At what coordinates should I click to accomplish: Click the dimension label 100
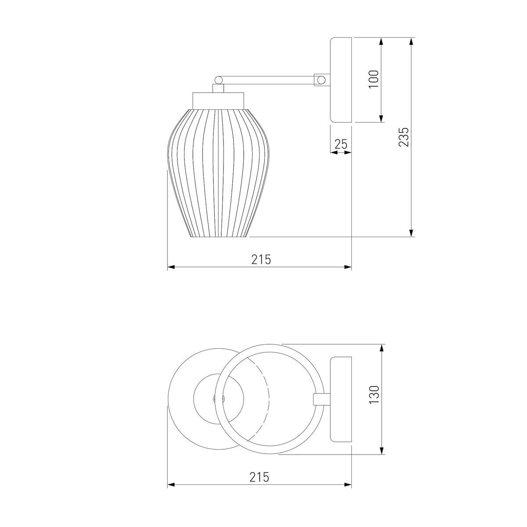(374, 79)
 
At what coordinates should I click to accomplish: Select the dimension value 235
(404, 137)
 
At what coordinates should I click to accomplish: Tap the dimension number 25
(341, 144)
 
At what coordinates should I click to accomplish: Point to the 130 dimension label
(374, 394)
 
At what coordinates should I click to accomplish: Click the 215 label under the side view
(261, 259)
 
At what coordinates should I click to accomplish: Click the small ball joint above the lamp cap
(219, 79)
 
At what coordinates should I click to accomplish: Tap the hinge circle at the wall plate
(322, 80)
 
